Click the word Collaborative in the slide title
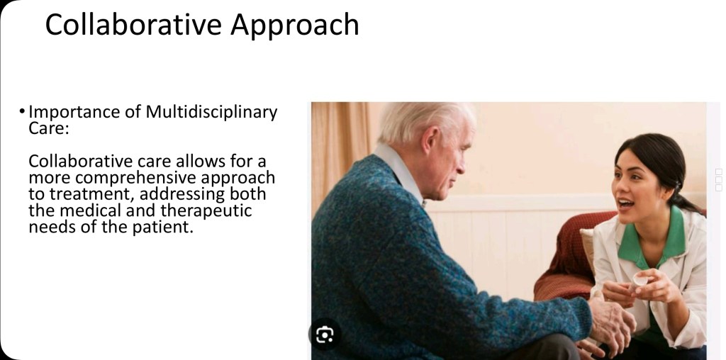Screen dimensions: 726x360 click(133, 25)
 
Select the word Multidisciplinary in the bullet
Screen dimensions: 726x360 click(211, 113)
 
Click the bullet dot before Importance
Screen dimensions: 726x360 click(22, 111)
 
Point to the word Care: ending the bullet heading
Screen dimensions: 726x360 click(49, 128)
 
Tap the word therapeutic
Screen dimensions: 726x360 click(206, 211)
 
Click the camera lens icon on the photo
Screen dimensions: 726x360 click(325, 334)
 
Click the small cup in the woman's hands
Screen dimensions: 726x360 click(640, 280)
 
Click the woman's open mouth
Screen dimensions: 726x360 click(626, 203)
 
